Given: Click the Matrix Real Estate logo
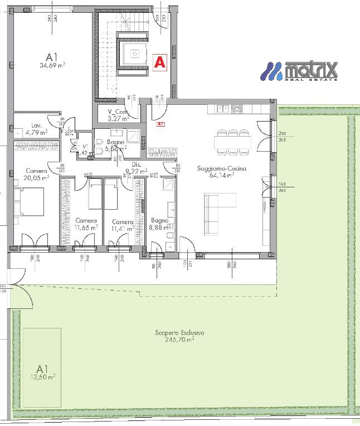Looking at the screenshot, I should point(300,71).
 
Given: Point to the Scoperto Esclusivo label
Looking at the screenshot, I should point(179,333).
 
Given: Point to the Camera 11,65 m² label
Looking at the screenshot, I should point(86,224).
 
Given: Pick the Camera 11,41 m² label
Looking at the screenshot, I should point(122,224).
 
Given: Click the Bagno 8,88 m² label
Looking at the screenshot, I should point(159,224).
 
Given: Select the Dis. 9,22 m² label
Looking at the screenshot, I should point(135,168).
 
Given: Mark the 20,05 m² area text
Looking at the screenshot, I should point(37,177).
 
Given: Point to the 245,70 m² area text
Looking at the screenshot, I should point(179,339).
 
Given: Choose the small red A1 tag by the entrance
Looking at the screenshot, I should point(160,124).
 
